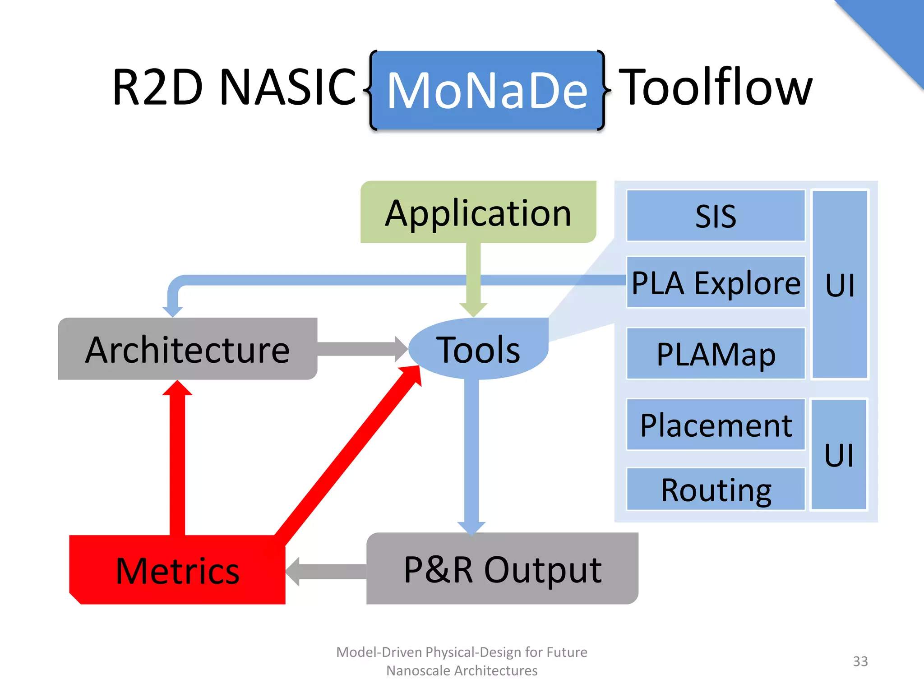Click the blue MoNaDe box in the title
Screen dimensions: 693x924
click(x=487, y=90)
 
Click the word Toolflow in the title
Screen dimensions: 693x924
click(x=716, y=87)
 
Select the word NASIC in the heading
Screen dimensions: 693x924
click(x=287, y=87)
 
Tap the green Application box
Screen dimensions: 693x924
click(x=478, y=212)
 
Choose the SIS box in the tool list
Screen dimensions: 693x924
click(x=716, y=216)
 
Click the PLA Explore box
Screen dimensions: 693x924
click(x=716, y=282)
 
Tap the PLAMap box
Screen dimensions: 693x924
click(x=716, y=353)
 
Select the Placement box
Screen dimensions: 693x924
click(x=716, y=425)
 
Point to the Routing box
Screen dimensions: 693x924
click(x=716, y=489)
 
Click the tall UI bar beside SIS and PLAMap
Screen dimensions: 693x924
click(x=840, y=284)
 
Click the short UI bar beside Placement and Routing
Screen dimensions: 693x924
click(x=839, y=454)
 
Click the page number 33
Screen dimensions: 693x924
click(x=860, y=661)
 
